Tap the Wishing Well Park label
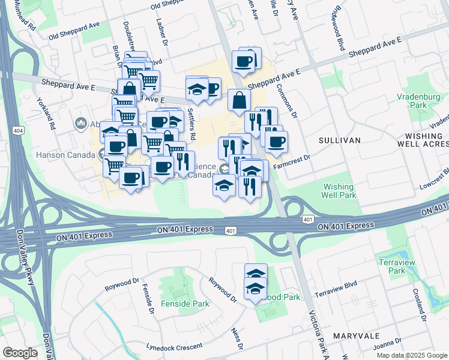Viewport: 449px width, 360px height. coord(339,191)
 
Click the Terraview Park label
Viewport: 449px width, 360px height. coord(393,266)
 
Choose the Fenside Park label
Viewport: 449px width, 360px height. coord(189,304)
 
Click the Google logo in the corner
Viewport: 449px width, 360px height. coord(20,353)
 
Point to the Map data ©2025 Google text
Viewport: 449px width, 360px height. coord(412,355)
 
